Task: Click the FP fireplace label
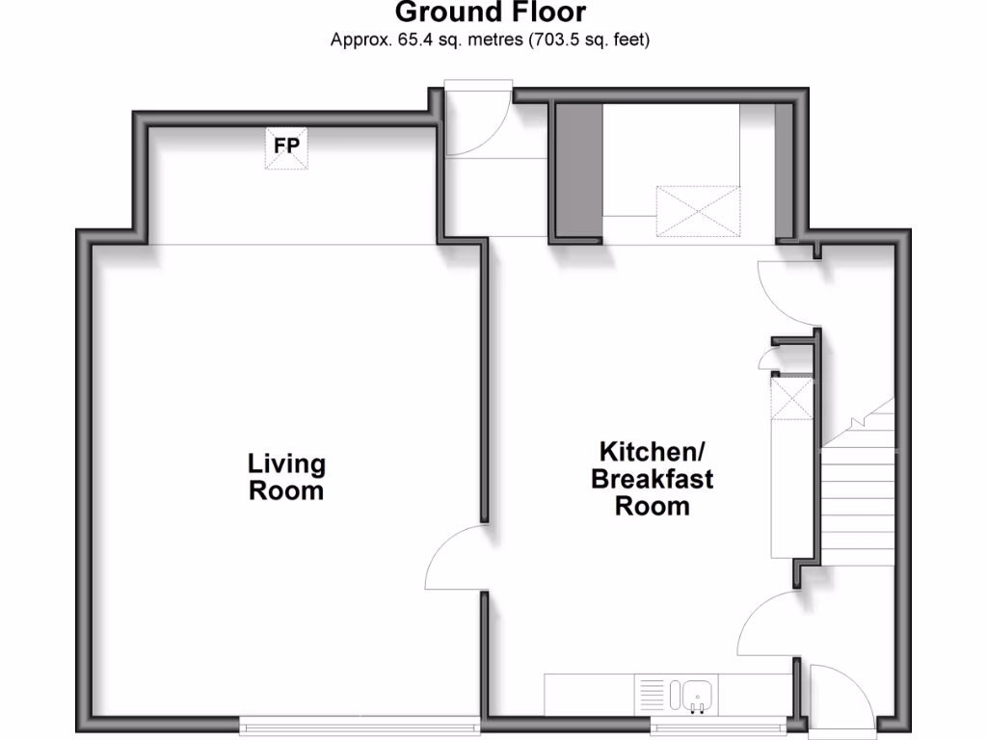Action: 287,145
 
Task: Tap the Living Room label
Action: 286,477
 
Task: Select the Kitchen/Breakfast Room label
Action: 653,478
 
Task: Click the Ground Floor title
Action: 491,13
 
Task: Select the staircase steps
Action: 858,491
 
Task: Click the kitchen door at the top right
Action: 786,294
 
